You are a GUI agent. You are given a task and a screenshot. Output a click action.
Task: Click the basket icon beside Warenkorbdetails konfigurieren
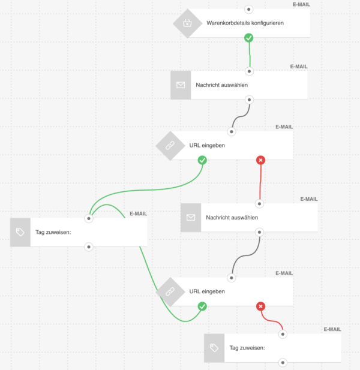click(x=187, y=23)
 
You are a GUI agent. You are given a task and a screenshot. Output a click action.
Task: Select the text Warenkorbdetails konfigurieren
click(x=245, y=23)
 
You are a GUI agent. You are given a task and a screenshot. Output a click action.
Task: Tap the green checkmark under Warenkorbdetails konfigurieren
click(x=249, y=37)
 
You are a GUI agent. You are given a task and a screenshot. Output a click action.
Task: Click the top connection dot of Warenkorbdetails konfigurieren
click(x=249, y=9)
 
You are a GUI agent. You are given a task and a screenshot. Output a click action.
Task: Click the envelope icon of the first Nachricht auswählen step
click(x=181, y=85)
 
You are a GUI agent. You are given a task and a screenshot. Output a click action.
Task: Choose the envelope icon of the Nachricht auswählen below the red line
click(x=191, y=217)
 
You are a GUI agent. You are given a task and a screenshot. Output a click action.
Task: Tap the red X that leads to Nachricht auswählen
click(x=260, y=160)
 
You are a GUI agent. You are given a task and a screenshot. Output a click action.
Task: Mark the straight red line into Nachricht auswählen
click(x=260, y=183)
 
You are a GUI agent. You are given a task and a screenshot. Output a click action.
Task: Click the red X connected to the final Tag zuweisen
click(x=260, y=306)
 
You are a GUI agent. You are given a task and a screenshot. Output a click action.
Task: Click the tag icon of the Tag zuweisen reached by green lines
click(x=20, y=232)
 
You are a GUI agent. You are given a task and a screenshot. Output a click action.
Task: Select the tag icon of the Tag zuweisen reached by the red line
click(x=214, y=348)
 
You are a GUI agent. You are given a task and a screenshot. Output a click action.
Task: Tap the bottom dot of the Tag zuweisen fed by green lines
click(x=89, y=246)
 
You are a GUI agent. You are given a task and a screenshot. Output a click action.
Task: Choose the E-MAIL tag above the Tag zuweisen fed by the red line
click(x=332, y=329)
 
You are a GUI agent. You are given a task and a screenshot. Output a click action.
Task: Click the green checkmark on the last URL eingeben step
click(x=202, y=306)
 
